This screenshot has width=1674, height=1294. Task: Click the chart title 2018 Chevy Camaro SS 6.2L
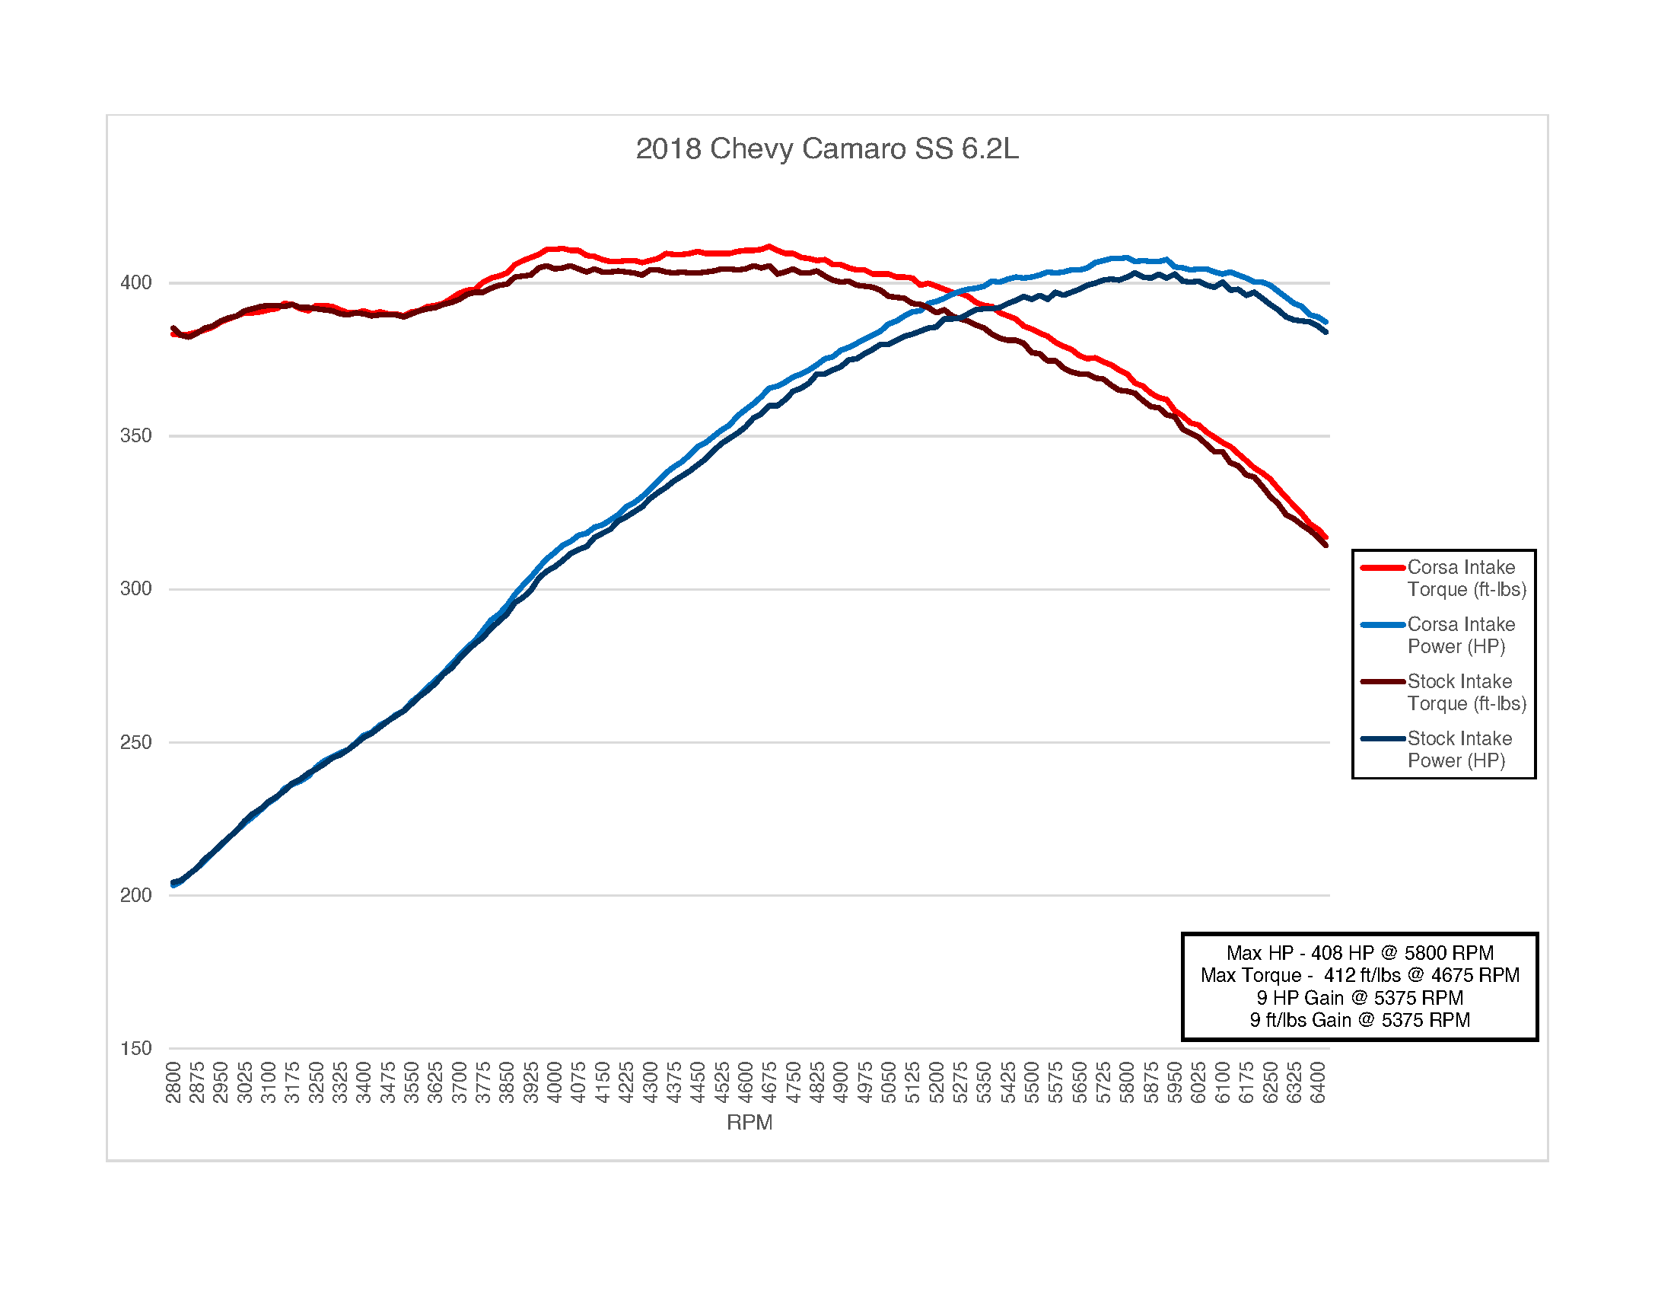(x=827, y=148)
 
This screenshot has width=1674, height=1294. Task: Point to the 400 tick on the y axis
(x=135, y=283)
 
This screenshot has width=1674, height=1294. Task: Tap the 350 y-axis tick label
(x=135, y=435)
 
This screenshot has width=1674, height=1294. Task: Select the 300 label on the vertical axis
(x=135, y=588)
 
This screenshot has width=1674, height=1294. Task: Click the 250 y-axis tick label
(x=135, y=742)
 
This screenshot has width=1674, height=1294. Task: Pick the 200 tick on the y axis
(x=135, y=894)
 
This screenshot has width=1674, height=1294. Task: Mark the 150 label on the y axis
(x=135, y=1048)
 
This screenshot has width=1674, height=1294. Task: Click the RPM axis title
(x=749, y=1122)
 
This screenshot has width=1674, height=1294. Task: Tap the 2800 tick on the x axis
(x=173, y=1082)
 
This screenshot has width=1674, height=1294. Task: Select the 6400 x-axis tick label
(x=1318, y=1082)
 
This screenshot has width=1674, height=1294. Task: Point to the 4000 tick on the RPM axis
(x=555, y=1082)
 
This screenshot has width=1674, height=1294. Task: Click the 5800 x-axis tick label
(x=1127, y=1082)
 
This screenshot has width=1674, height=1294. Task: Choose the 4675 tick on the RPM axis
(x=769, y=1082)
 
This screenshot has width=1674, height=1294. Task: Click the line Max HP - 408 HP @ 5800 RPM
(x=1360, y=953)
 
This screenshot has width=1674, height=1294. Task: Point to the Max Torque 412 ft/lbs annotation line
(x=1360, y=975)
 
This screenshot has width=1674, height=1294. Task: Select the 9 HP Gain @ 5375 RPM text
(x=1360, y=997)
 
